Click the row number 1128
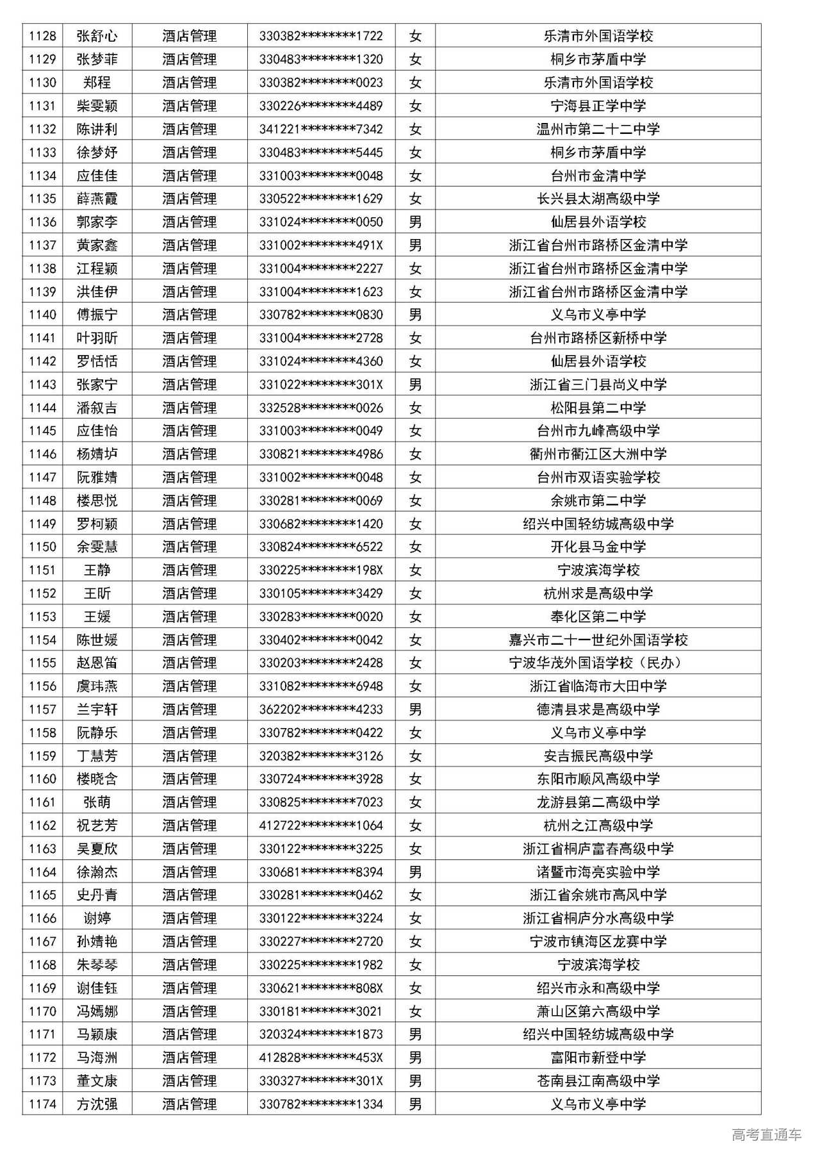pos(42,36)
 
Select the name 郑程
pos(97,83)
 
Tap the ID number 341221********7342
pos(321,129)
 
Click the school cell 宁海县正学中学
pos(598,106)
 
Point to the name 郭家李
pos(97,222)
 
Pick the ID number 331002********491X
pos(321,245)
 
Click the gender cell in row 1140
pos(415,315)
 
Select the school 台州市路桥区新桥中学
pos(598,338)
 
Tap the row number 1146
pos(42,454)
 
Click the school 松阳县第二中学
pos(598,408)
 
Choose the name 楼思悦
pos(97,501)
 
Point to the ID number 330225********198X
pos(321,570)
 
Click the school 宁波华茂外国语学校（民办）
pos(598,663)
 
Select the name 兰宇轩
pos(97,709)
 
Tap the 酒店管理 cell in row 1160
pos(189,779)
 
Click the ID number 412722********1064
pos(321,825)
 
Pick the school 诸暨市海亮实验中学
pos(598,872)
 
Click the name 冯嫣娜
pos(97,1011)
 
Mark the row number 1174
pos(42,1104)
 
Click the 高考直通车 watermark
pos(766,1136)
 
